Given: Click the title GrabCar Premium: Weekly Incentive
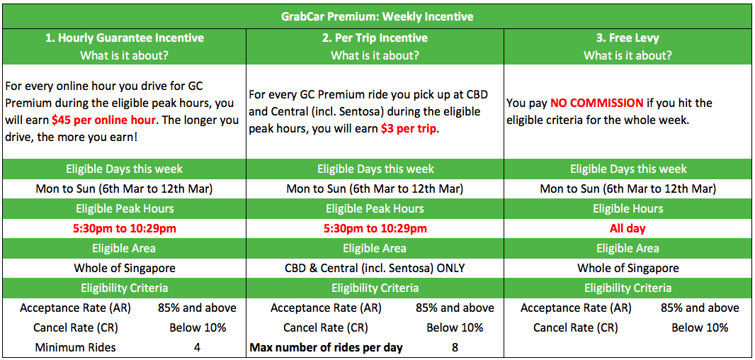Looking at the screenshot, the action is point(377,17).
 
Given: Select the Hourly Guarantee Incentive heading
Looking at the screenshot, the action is point(124,38).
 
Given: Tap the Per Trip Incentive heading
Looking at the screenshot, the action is point(375,38).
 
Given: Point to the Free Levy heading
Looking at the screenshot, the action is point(628,38).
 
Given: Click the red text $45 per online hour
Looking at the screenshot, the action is point(103,120).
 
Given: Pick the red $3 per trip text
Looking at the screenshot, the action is point(409,130).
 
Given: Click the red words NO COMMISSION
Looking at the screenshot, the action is point(597,103).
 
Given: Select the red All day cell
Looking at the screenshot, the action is point(628,228).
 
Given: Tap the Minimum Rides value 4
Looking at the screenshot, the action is point(198,347).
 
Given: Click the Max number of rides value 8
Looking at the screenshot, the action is point(455,347).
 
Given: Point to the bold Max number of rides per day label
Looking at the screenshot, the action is point(326,347).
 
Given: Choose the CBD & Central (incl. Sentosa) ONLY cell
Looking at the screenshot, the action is point(375,268).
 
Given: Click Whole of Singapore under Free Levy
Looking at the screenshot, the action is point(628,268).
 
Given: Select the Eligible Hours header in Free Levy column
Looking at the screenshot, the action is point(628,208).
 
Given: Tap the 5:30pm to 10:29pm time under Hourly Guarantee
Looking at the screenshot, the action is point(124,228).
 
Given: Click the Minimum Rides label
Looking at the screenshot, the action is point(75,347).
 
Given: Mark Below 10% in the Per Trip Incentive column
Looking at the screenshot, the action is point(455,327).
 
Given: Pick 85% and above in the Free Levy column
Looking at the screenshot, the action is point(700,308).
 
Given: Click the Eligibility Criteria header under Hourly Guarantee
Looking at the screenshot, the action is point(124,288).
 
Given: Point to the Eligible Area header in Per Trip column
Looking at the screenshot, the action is point(375,248).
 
